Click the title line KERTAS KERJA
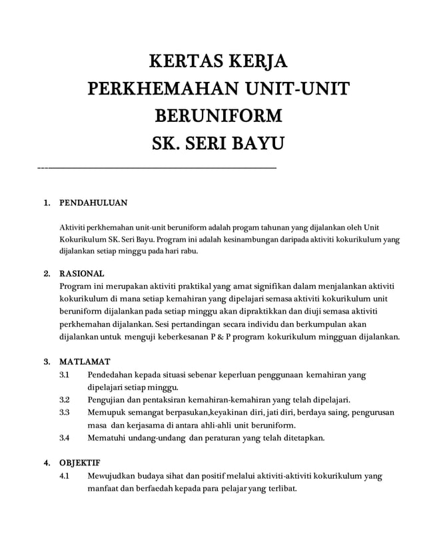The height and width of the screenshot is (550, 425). (x=217, y=64)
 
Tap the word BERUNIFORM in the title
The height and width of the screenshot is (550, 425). (x=217, y=117)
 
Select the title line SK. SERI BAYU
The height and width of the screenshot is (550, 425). (x=217, y=144)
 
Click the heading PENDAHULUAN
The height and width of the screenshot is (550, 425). (x=93, y=202)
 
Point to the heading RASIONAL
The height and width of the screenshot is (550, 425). (x=82, y=274)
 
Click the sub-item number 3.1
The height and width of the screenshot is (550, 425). (x=64, y=376)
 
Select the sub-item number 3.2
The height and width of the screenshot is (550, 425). (x=65, y=400)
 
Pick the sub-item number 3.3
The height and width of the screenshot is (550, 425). (x=65, y=413)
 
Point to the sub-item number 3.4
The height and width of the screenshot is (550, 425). (x=65, y=438)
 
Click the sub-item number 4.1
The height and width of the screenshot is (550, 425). (x=64, y=476)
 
